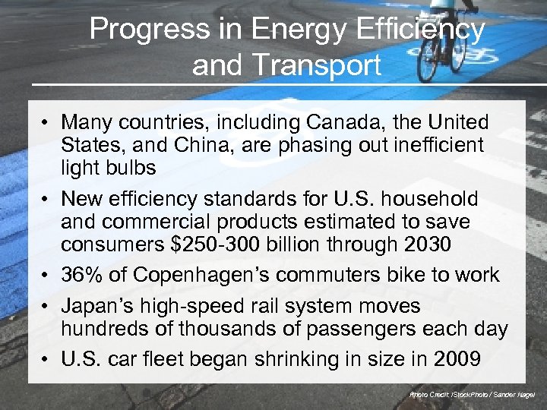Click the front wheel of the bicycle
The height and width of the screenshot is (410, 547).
(x=428, y=64)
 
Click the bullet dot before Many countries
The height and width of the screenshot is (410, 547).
(x=46, y=122)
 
